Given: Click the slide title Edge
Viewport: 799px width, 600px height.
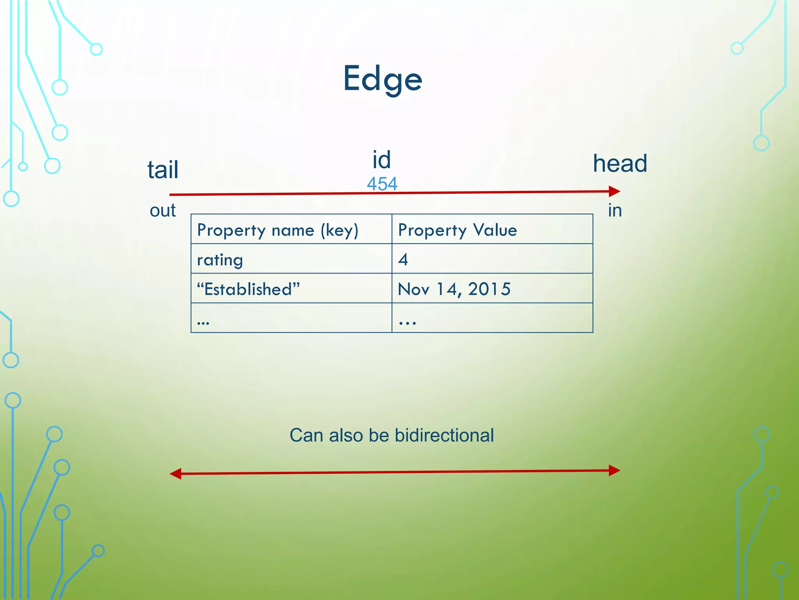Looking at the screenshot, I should (382, 79).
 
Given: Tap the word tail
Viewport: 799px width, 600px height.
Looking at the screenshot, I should (163, 170).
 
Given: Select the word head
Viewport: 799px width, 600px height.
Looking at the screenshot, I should (620, 163).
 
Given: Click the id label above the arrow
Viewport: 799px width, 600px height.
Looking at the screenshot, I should (381, 160).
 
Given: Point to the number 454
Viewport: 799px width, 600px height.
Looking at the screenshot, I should (382, 184).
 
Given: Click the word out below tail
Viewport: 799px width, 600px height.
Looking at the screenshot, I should (163, 211).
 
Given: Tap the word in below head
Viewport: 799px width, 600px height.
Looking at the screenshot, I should (614, 211).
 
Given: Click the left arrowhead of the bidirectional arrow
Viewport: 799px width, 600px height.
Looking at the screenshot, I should (176, 474).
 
